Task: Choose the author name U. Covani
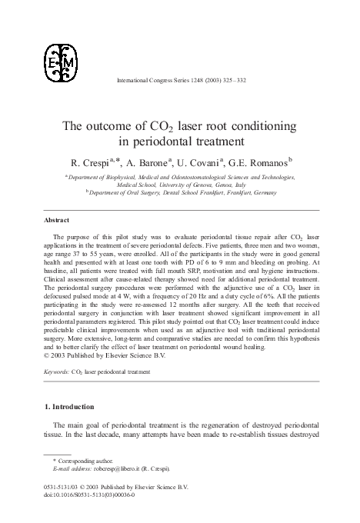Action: tap(201, 163)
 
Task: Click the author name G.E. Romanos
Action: tap(262, 163)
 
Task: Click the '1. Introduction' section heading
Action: tap(73, 407)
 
